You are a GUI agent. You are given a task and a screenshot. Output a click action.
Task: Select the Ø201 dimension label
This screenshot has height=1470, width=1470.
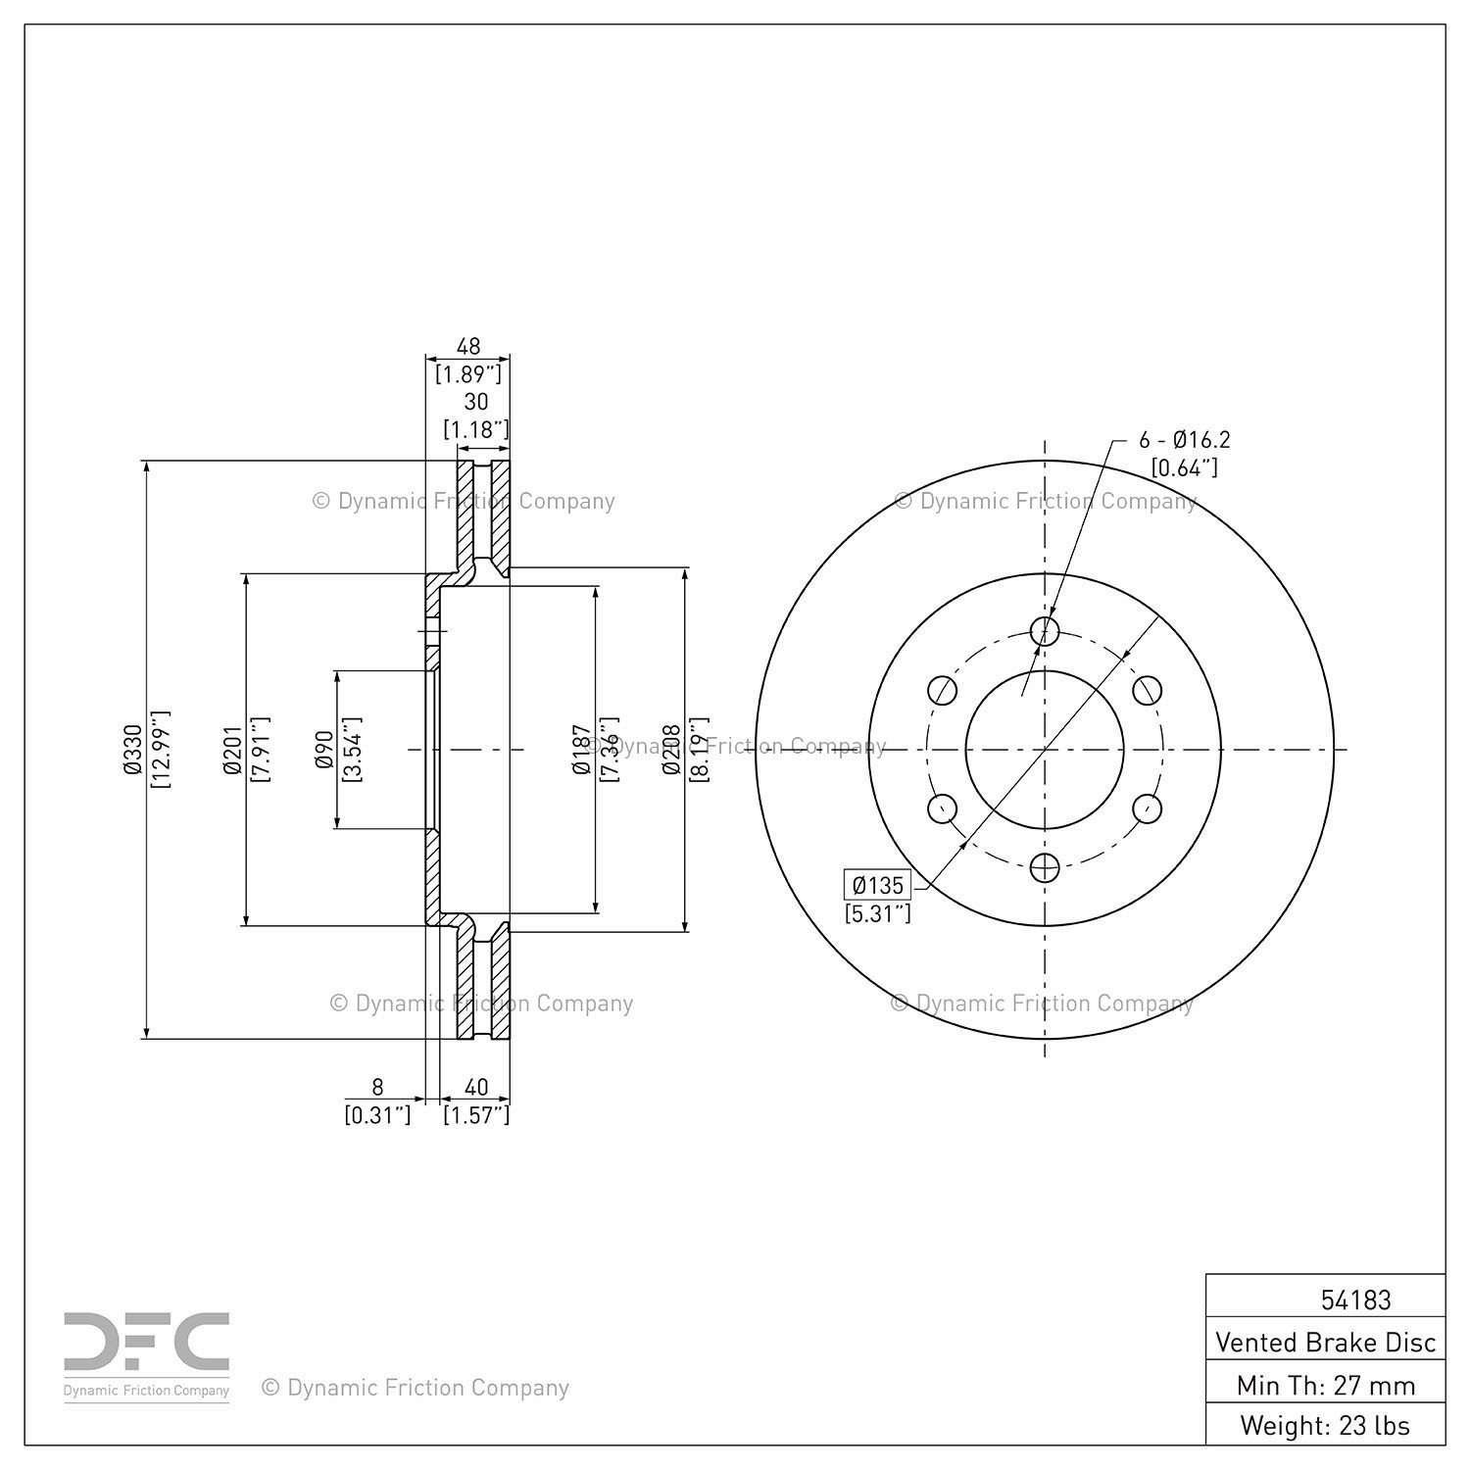coord(232,751)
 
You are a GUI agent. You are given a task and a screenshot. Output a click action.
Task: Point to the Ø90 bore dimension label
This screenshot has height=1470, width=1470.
coord(324,749)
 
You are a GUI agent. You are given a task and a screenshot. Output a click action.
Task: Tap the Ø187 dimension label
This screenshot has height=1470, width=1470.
coord(582,750)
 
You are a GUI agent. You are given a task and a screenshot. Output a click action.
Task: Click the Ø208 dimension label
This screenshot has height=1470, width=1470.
coord(671,750)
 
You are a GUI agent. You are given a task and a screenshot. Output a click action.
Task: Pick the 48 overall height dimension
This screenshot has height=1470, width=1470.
coord(468,346)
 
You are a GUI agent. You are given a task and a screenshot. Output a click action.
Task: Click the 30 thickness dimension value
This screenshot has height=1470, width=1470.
coord(476,401)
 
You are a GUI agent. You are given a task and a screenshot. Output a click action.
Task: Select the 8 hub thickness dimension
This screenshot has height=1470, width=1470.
coord(377,1087)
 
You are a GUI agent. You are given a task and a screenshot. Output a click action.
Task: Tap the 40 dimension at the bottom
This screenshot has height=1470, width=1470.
coord(476,1087)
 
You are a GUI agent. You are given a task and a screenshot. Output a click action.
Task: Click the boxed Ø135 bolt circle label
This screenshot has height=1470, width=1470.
coord(878,886)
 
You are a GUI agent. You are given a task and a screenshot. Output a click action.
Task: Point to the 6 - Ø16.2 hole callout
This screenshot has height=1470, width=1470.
coord(1184,440)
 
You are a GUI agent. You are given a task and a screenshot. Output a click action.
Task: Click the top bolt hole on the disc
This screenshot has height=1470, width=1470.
coord(1045,630)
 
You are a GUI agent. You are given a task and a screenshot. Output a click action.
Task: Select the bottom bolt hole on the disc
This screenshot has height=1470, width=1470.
coord(1045,866)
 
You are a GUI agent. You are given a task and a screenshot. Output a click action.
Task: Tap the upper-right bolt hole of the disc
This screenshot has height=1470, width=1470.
coord(1148,690)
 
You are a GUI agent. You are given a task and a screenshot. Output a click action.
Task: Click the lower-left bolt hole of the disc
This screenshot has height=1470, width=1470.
coord(942,808)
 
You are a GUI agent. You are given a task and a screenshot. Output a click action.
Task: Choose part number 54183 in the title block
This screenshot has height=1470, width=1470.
coord(1355,1299)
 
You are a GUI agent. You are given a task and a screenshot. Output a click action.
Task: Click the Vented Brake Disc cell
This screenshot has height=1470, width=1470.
coord(1325,1342)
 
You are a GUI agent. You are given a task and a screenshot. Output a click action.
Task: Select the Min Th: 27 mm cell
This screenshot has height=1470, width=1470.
coord(1325,1385)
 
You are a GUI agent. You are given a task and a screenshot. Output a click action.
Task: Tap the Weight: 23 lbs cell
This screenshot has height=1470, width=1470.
coord(1325,1424)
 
